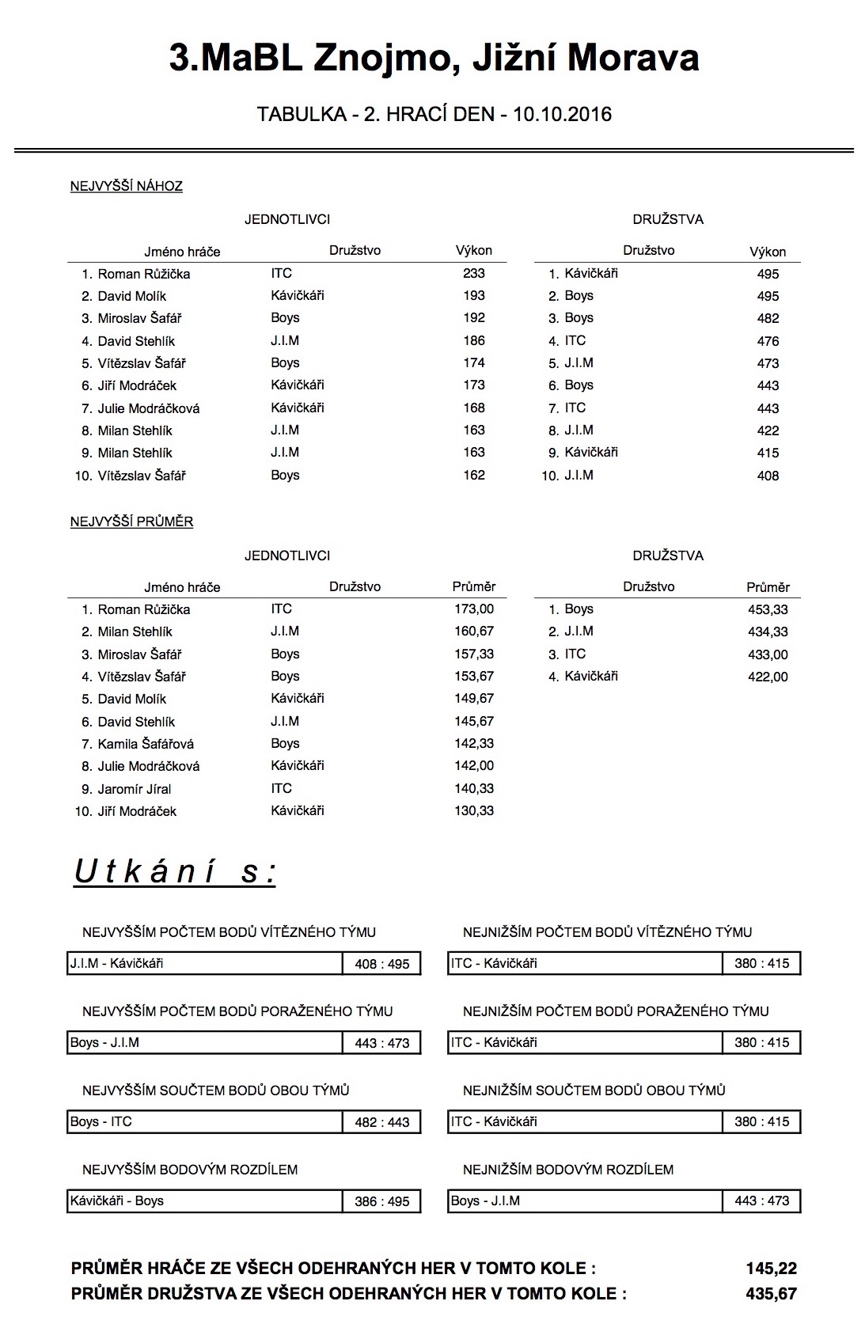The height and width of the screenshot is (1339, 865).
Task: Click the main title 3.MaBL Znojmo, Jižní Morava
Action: pyautogui.click(x=434, y=59)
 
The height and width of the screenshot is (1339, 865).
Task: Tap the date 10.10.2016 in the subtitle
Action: pyautogui.click(x=562, y=115)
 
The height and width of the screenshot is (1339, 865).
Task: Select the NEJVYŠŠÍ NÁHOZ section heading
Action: pyautogui.click(x=127, y=187)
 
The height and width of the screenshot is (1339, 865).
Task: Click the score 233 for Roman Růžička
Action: pyautogui.click(x=474, y=273)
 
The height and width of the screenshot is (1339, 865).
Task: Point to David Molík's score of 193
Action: pyautogui.click(x=474, y=296)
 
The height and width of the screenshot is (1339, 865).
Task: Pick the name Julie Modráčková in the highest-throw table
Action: pyautogui.click(x=149, y=408)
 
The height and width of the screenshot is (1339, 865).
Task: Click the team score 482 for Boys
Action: pyautogui.click(x=768, y=318)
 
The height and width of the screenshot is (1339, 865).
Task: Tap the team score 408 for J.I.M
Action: pyautogui.click(x=768, y=476)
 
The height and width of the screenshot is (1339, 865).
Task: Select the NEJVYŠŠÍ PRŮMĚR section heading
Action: pyautogui.click(x=131, y=522)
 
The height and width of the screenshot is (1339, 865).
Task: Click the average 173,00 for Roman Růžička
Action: pyautogui.click(x=474, y=609)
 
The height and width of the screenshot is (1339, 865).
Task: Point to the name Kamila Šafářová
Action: pyautogui.click(x=146, y=744)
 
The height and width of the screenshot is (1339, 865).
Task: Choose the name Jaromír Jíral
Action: pyautogui.click(x=135, y=789)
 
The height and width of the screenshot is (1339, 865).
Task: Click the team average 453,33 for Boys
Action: pyautogui.click(x=768, y=609)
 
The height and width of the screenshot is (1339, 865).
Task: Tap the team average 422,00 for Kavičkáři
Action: pyautogui.click(x=768, y=677)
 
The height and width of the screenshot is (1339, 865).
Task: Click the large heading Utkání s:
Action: pyautogui.click(x=175, y=872)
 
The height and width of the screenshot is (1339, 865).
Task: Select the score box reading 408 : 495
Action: pyautogui.click(x=382, y=964)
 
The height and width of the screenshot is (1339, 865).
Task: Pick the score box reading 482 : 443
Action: pyautogui.click(x=382, y=1122)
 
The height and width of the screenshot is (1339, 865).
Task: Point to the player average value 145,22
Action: pyautogui.click(x=771, y=1269)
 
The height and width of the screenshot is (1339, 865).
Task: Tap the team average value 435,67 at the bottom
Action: pyautogui.click(x=771, y=1294)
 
